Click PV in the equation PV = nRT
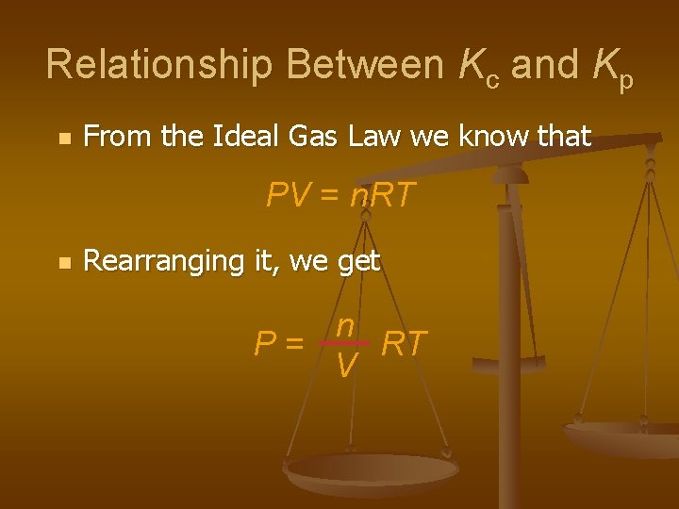click(x=287, y=195)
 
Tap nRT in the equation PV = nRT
click(x=382, y=195)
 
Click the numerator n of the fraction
click(x=345, y=325)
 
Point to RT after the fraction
click(x=404, y=344)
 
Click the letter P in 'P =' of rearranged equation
click(x=265, y=344)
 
